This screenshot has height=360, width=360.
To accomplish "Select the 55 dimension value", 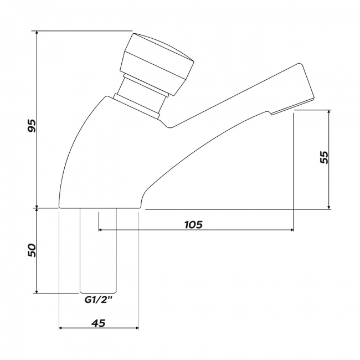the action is [x=324, y=157].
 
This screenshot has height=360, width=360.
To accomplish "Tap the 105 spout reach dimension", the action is [x=194, y=224].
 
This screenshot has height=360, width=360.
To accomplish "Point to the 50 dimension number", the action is [x=32, y=250].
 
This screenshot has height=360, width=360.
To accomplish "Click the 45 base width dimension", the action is [x=99, y=323].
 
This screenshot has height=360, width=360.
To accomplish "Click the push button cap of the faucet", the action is [x=157, y=64].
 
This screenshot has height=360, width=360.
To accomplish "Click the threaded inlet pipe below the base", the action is [x=98, y=251].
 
